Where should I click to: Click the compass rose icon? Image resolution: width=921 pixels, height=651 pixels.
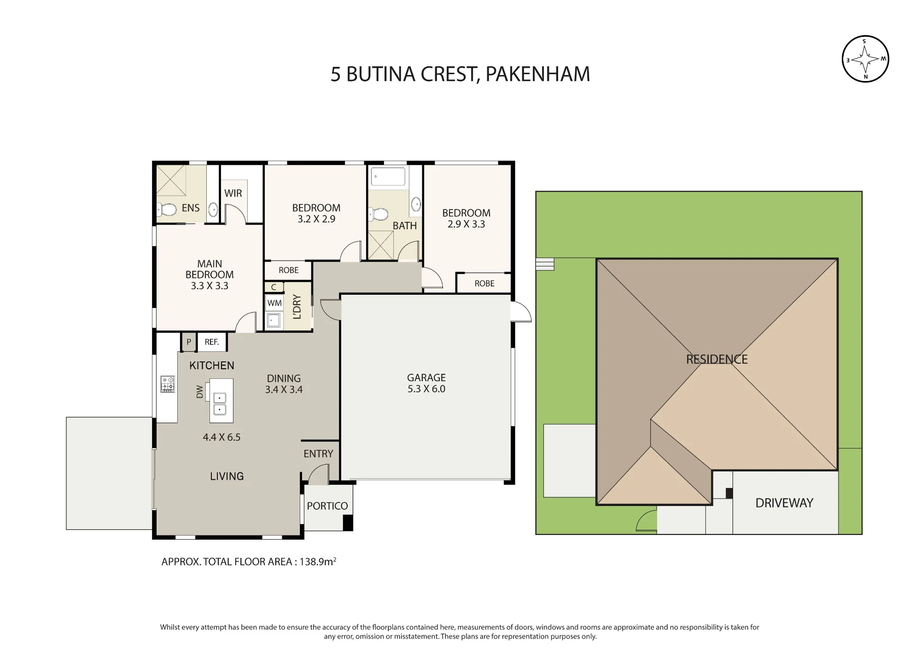click(x=865, y=59)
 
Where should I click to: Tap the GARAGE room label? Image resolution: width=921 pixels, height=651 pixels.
click(x=426, y=378)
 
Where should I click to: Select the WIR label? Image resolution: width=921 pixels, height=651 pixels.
click(x=233, y=193)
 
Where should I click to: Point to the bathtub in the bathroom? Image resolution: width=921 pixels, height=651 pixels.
click(x=388, y=176)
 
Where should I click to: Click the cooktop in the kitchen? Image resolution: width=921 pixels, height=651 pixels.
click(x=168, y=384)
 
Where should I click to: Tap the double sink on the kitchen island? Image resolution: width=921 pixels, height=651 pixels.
click(x=220, y=404)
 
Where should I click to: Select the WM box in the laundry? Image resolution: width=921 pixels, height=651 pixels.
click(x=274, y=303)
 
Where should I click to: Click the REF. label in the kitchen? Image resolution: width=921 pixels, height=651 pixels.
click(x=212, y=342)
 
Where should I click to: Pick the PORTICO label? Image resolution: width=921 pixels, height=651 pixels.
click(x=327, y=506)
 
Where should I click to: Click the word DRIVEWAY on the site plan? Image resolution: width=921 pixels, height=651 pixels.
click(x=784, y=503)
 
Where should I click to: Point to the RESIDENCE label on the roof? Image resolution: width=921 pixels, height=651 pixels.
click(x=717, y=359)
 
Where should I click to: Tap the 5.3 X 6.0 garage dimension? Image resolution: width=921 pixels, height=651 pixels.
click(x=426, y=389)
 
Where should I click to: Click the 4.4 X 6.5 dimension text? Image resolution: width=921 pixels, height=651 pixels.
click(x=222, y=437)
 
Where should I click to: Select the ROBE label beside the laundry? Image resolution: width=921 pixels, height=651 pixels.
click(x=289, y=270)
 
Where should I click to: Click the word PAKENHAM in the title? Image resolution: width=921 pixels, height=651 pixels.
click(x=538, y=74)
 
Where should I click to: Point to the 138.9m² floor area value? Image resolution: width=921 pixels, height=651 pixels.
click(x=318, y=561)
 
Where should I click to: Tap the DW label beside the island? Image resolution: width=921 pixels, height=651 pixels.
click(x=199, y=392)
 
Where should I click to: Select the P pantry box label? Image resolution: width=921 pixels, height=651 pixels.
click(x=189, y=342)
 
